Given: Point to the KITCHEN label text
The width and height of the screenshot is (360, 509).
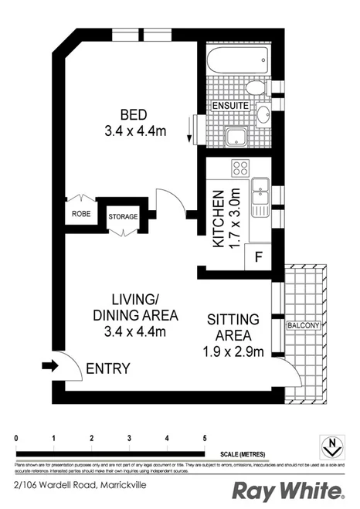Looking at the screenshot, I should [x=219, y=218].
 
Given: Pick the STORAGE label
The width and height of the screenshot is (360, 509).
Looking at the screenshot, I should [x=123, y=217].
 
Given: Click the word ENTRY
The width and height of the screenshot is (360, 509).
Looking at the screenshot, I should [x=108, y=368].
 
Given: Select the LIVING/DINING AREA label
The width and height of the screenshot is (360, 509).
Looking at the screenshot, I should [x=136, y=307].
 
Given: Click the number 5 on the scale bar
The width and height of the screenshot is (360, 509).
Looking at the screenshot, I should [x=205, y=439].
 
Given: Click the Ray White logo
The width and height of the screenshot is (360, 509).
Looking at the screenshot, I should [x=287, y=490].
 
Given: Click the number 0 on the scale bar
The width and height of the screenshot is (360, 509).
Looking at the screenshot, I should [x=16, y=439].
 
